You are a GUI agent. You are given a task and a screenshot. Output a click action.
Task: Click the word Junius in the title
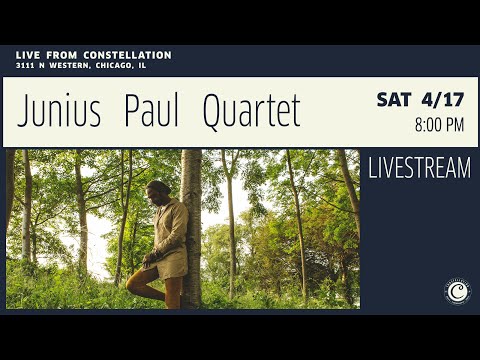(x=59, y=113)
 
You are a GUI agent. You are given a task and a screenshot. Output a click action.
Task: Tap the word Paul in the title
(x=151, y=113)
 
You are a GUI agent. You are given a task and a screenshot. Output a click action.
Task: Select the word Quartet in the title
(x=251, y=113)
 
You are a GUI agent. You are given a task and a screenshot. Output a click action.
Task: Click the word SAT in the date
(x=394, y=100)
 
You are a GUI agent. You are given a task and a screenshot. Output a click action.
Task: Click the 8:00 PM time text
(x=439, y=126)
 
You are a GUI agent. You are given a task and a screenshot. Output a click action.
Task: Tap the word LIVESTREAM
(x=419, y=169)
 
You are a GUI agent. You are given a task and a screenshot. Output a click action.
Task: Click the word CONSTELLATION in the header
(x=128, y=55)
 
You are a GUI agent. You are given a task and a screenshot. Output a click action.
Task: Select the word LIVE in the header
(x=29, y=55)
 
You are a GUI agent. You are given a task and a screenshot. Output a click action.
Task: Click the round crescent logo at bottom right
(x=456, y=291)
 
